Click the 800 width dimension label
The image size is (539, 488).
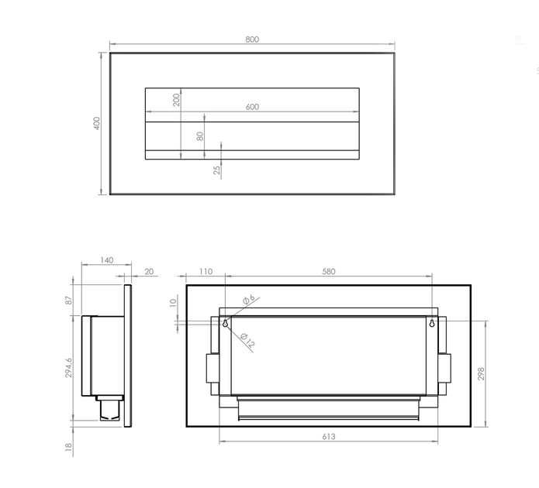click(252, 40)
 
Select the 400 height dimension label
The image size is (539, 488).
click(97, 123)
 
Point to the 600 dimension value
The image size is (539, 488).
click(252, 107)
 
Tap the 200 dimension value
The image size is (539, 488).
click(176, 100)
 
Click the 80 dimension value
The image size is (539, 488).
click(200, 136)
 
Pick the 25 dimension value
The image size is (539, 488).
click(216, 170)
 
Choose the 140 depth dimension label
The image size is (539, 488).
click(106, 260)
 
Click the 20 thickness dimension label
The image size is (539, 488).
click(149, 272)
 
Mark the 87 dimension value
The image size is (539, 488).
click(69, 300)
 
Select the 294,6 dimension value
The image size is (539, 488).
click(69, 367)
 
